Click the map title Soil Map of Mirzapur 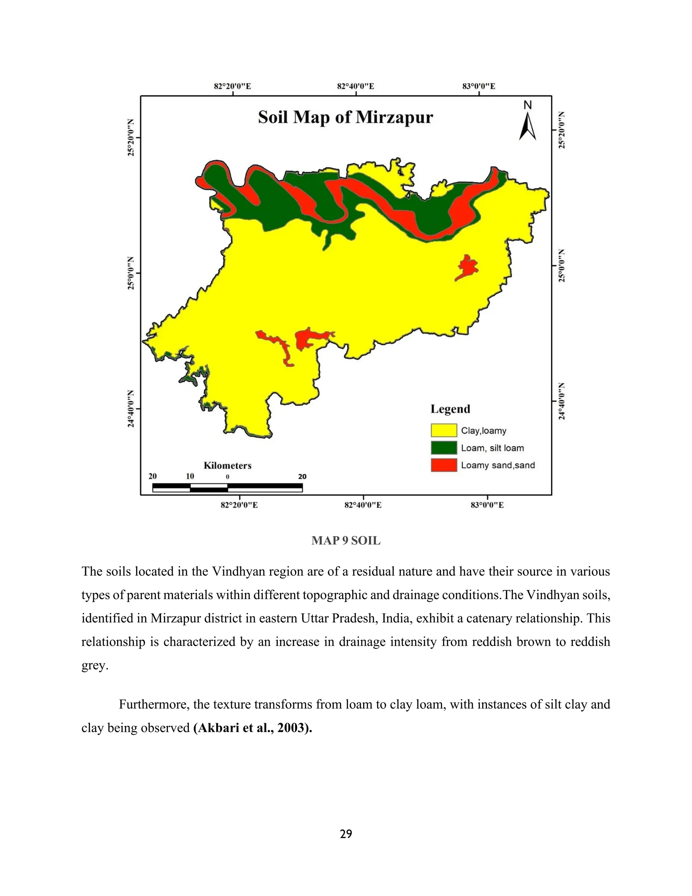(345, 117)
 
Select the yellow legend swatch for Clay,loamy (444, 430)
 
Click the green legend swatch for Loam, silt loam (444, 448)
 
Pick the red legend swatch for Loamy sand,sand (444, 465)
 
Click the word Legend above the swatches (450, 409)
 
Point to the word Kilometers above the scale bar (227, 466)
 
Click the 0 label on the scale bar (227, 477)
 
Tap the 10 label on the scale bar (190, 476)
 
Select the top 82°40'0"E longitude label (355, 87)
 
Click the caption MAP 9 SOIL (346, 541)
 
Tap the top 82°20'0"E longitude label (232, 87)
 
